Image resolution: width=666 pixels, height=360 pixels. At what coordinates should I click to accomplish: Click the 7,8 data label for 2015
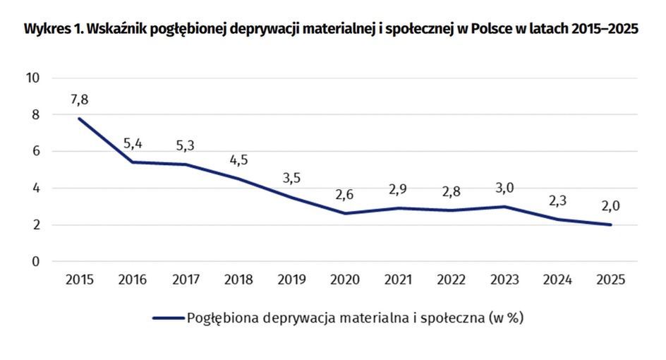coord(79,100)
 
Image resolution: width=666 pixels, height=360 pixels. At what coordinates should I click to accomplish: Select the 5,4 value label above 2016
coord(133,144)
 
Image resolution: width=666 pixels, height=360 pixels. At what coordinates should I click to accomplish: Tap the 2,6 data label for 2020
coord(345,195)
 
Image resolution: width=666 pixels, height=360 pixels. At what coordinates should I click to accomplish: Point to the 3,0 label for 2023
coord(504,188)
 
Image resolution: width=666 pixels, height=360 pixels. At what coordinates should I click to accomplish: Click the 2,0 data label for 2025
coord(610,206)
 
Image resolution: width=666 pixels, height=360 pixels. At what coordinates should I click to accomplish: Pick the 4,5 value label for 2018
coord(238,160)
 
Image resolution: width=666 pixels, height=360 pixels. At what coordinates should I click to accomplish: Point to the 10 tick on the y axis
coord(32,78)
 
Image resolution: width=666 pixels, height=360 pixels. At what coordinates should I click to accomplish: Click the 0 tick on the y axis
coord(35,262)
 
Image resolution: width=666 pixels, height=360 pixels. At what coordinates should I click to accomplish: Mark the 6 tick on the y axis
coord(35,152)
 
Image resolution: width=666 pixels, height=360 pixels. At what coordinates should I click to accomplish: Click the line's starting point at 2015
coord(79,119)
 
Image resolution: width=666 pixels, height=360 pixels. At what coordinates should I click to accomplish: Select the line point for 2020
coord(345,213)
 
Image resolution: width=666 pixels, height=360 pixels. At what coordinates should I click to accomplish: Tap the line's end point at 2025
coord(610,224)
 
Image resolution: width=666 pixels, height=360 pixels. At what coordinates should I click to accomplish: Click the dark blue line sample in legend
coord(167,318)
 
